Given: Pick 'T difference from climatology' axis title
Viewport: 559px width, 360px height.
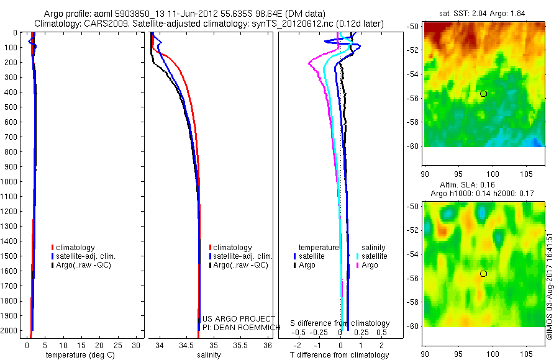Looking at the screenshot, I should pos(339,355).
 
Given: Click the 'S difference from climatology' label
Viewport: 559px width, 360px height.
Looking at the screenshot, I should pos(340,323).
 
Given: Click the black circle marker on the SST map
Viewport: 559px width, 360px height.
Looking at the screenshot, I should pos(483,94).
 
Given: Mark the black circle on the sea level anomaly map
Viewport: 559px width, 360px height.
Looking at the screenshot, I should pos(483,273).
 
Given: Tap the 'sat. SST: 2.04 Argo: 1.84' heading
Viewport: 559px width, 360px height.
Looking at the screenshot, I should pos(483,13).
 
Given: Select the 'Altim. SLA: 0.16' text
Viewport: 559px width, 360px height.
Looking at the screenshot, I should pos(483,185).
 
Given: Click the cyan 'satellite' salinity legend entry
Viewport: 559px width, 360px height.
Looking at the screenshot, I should pos(372,256).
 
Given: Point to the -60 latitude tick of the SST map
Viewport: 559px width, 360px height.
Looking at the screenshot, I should pos(412,146).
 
